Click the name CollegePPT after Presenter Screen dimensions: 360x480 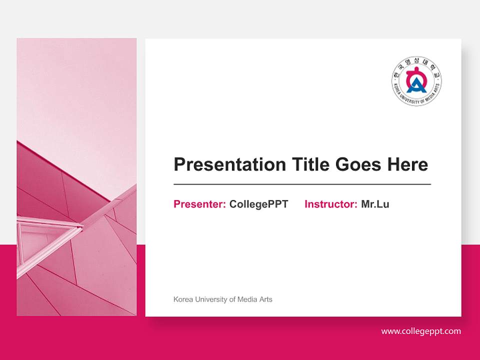coord(258,204)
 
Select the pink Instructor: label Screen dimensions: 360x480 coord(330,204)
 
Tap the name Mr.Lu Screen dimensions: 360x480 coord(375,204)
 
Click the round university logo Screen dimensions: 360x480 coord(416,81)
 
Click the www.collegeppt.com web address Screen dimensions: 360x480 coord(421,331)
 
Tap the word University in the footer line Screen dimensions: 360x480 coord(210,299)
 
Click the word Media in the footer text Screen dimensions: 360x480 coord(248,299)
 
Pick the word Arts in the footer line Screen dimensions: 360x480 coord(265,299)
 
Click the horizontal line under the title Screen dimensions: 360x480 coord(302,184)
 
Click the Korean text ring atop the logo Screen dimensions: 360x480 coord(416,62)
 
